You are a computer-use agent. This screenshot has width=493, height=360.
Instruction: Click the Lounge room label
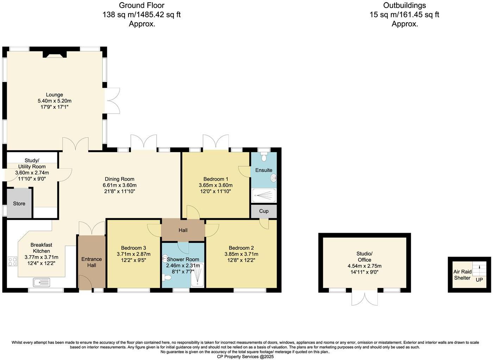pos(54,95)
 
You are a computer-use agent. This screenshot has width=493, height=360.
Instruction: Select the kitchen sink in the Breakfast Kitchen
pos(42,282)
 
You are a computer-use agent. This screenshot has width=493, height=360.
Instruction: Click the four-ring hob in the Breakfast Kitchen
pos(12,262)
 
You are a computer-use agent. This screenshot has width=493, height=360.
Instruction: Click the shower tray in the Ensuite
pos(264,195)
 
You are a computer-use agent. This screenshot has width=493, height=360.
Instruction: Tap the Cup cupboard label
pos(264,211)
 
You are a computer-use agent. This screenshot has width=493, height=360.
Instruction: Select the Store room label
pos(19,204)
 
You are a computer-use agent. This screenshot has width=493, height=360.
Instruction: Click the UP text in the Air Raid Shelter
pos(479,280)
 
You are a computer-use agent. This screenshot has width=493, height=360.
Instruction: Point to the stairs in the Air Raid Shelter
pos(479,269)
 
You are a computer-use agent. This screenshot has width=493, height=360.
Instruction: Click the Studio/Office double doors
pos(365,298)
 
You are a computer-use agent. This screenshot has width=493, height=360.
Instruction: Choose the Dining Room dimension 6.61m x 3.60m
pos(119,185)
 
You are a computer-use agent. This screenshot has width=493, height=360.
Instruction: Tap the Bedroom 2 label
pos(241,248)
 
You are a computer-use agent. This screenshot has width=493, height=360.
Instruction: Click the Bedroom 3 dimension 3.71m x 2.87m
pos(133,254)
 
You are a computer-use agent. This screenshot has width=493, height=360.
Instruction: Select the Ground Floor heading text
pos(141,5)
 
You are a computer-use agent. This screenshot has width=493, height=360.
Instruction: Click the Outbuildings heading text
pos(404,5)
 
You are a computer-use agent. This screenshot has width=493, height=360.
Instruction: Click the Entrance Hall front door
pos(84,283)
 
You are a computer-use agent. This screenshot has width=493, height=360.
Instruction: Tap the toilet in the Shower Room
pos(167,278)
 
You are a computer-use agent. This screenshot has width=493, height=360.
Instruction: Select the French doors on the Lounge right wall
pos(113,101)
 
